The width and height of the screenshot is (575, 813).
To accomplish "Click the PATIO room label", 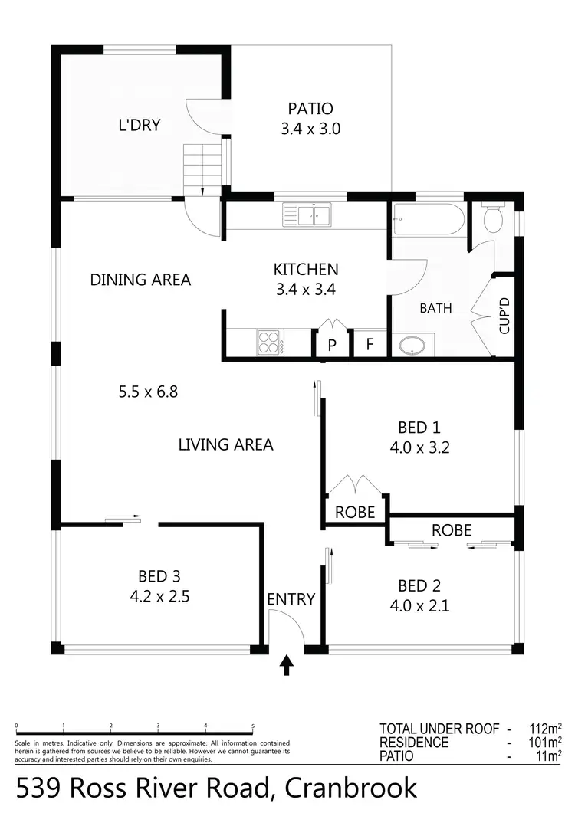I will (x=310, y=109).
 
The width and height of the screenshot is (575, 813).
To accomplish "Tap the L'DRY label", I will (x=140, y=125).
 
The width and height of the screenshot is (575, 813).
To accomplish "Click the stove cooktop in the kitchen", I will (x=270, y=342).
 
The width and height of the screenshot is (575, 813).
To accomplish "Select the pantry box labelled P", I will (x=332, y=345).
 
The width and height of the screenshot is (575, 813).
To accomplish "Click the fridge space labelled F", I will (x=370, y=345).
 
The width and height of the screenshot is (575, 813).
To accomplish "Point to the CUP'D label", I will (x=504, y=316).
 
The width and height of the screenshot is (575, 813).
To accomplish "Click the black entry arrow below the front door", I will (x=287, y=665).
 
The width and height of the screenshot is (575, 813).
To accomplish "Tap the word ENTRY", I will (x=291, y=599).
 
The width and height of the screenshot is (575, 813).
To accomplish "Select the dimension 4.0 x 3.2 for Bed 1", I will (x=419, y=447).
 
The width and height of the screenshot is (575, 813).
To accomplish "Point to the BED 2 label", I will (x=419, y=586).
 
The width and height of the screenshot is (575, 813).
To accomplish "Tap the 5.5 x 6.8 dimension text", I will (x=148, y=392).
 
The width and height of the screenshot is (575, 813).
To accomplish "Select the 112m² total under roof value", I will (x=546, y=729).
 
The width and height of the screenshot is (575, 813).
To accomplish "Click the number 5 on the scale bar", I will (x=253, y=726).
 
